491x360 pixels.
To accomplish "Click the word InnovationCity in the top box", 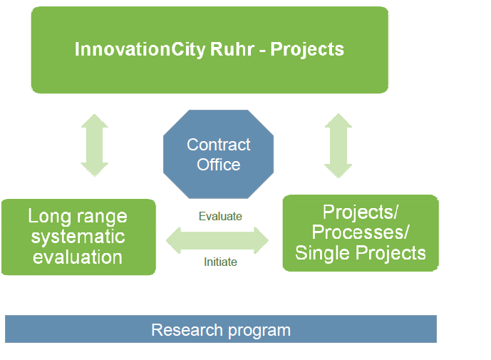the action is pyautogui.click(x=140, y=49).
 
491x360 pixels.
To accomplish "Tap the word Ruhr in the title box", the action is pyautogui.click(x=232, y=49).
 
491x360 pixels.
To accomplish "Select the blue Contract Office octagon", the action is pyautogui.click(x=219, y=154).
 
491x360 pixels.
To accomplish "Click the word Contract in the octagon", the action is pyautogui.click(x=219, y=145).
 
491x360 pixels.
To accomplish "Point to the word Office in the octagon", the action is pyautogui.click(x=219, y=165).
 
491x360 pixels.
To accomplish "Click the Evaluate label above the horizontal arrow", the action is pyautogui.click(x=220, y=216).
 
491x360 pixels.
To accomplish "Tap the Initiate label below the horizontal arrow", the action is pyautogui.click(x=220, y=262).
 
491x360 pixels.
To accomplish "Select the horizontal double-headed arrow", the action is pyautogui.click(x=217, y=241).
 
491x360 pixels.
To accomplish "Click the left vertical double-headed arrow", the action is pyautogui.click(x=95, y=145).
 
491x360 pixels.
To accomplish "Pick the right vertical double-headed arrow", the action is pyautogui.click(x=338, y=145).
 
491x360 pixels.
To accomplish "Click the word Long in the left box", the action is pyautogui.click(x=49, y=217).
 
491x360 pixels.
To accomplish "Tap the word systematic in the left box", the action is pyautogui.click(x=78, y=237).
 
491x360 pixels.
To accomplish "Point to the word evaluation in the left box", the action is pyautogui.click(x=78, y=257).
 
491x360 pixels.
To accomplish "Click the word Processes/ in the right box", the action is pyautogui.click(x=361, y=232).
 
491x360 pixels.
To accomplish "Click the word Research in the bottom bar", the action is pyautogui.click(x=187, y=330).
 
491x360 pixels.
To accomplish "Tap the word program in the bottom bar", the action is pyautogui.click(x=259, y=331).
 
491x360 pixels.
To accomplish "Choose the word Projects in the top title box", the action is pyautogui.click(x=307, y=49).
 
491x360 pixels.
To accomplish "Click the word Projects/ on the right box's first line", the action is pyautogui.click(x=361, y=212).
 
